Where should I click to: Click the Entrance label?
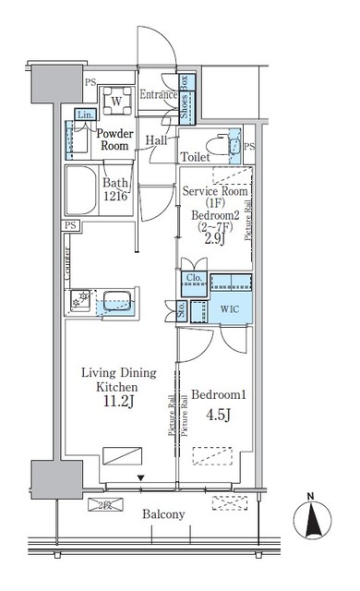tap(158, 94)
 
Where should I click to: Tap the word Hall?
tap(156, 139)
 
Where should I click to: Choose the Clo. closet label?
tap(194, 278)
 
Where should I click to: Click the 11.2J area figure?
tap(118, 402)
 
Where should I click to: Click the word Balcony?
tap(163, 514)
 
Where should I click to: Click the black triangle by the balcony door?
tap(140, 477)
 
